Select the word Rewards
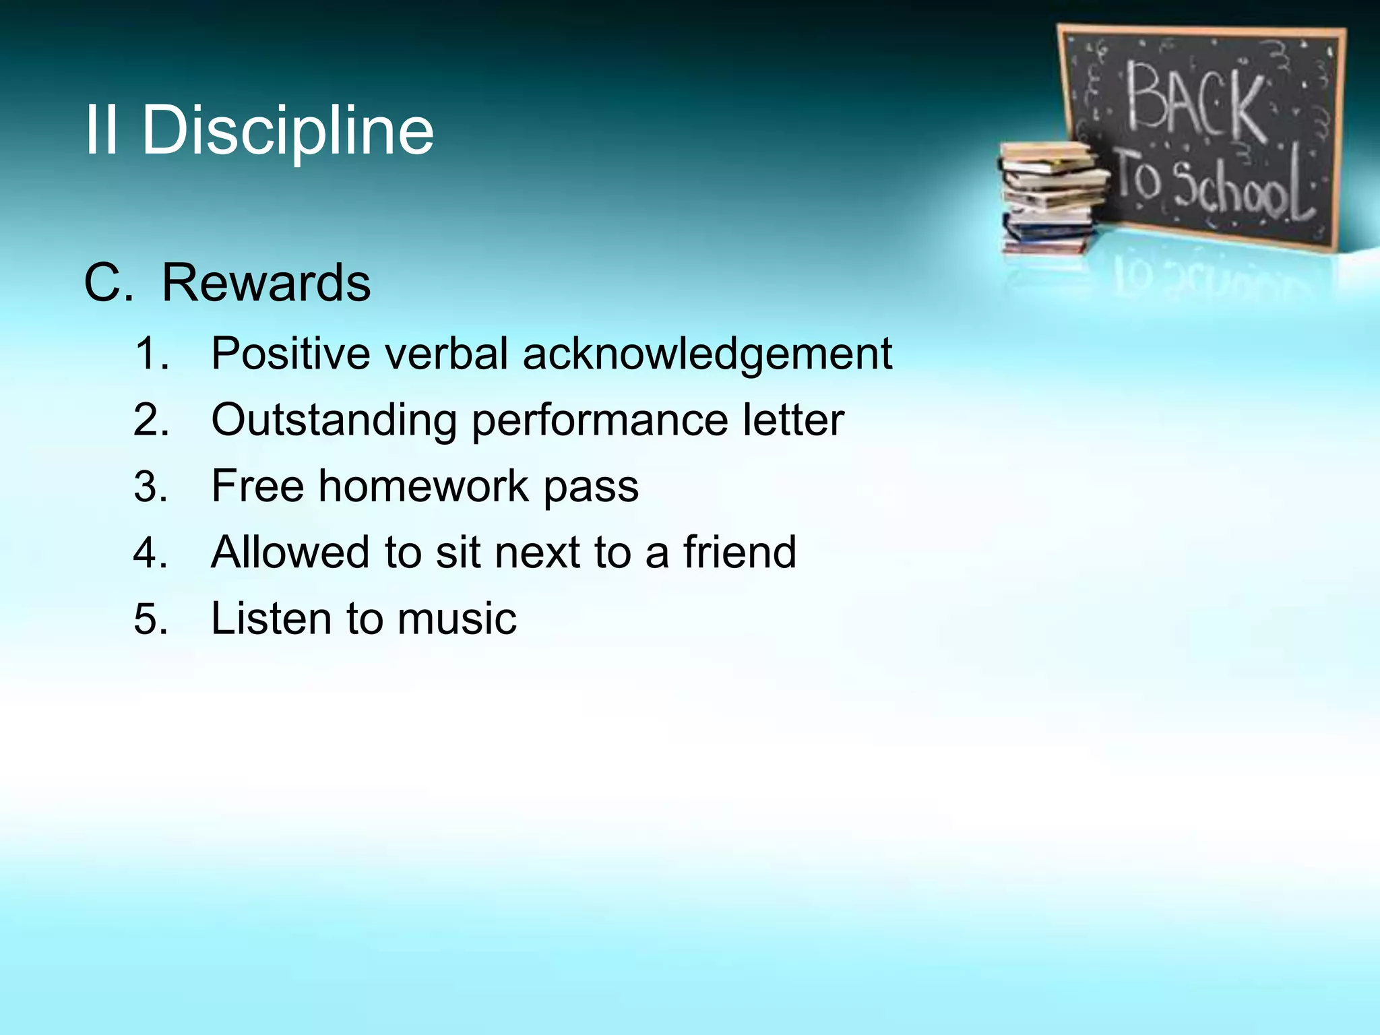pyautogui.click(x=266, y=283)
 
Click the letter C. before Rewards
pyautogui.click(x=108, y=283)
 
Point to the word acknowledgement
pyautogui.click(x=707, y=354)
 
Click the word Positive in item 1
pyautogui.click(x=290, y=353)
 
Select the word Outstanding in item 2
pyautogui.click(x=334, y=420)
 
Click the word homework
pyautogui.click(x=424, y=486)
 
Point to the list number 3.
pyautogui.click(x=150, y=487)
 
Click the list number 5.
pyautogui.click(x=150, y=619)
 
